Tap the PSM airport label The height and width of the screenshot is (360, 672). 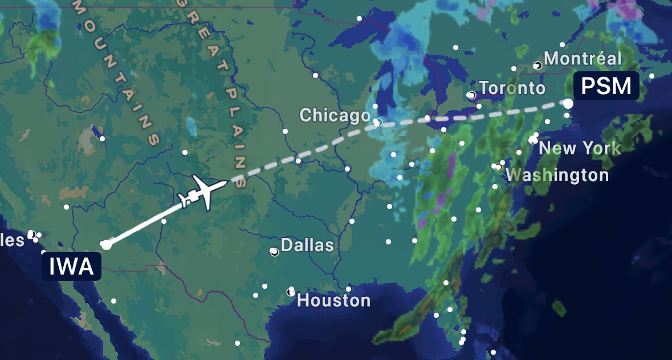pos(606,86)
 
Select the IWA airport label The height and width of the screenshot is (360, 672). pos(71,266)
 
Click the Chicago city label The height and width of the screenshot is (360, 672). pos(335,116)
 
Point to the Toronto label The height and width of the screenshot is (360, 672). pos(512,88)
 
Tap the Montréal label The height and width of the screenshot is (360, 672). pos(583,58)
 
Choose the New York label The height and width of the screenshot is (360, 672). pos(579,149)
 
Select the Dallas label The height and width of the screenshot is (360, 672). pos(307,246)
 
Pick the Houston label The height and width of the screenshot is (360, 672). pos(333,300)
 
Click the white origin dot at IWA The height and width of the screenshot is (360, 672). pos(105,244)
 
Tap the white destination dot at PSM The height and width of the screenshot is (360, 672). pos(568,103)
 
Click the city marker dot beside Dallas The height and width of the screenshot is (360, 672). pos(274,251)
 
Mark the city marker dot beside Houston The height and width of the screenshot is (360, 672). pos(291,292)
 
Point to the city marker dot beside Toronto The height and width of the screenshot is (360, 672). pos(471,95)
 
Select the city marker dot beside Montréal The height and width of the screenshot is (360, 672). pos(537,66)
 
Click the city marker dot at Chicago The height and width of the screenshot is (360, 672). pos(377,122)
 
